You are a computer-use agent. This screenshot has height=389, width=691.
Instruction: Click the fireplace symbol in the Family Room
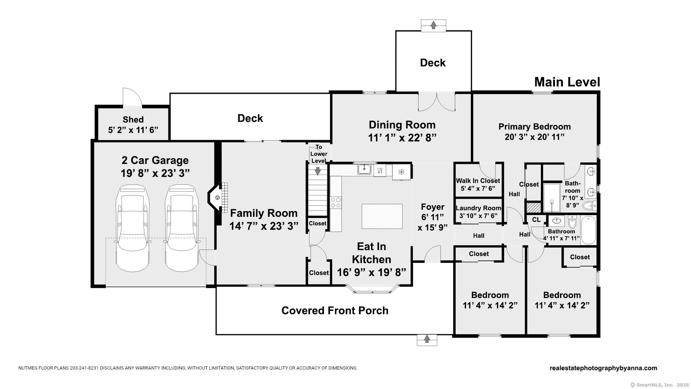click(217, 198)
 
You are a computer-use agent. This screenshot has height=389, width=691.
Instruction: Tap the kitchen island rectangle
click(382, 216)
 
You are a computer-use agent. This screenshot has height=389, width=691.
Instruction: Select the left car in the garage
click(132, 228)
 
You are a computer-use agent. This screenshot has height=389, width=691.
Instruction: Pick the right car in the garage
click(182, 228)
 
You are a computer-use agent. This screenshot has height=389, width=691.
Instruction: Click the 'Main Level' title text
click(567, 82)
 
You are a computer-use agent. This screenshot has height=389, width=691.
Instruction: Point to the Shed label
click(133, 120)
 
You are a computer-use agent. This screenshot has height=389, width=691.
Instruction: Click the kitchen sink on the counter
click(365, 169)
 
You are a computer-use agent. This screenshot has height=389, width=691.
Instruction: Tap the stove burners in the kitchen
click(335, 202)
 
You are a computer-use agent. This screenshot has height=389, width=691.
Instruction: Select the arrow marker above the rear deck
click(433, 25)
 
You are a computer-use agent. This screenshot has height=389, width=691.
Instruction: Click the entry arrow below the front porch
click(427, 339)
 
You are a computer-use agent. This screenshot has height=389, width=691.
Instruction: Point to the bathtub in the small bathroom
click(588, 230)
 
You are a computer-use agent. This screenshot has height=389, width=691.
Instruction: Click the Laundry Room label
click(478, 208)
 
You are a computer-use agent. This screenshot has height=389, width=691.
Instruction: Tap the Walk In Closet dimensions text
click(478, 188)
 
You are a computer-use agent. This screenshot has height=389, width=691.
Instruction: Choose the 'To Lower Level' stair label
click(319, 154)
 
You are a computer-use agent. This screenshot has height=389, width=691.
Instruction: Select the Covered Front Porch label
click(335, 310)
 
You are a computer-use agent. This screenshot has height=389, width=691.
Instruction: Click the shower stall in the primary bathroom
click(551, 197)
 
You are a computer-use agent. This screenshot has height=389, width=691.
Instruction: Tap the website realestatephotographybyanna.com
click(603, 368)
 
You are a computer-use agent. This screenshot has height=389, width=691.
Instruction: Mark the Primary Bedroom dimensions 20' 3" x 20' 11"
click(534, 137)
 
